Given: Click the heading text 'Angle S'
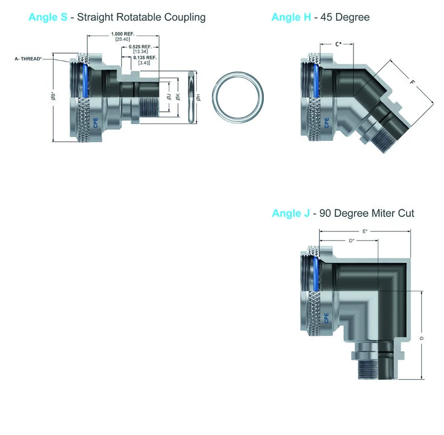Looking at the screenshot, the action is [x=48, y=17].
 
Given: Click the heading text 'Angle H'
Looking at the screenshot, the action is [x=291, y=17].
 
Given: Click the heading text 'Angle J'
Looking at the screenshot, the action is [x=291, y=213].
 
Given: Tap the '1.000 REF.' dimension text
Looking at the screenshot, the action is [x=122, y=34].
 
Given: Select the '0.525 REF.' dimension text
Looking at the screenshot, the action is [x=140, y=47].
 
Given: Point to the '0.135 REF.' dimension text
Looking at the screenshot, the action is [x=145, y=58].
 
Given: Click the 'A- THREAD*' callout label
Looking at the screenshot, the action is [x=29, y=59].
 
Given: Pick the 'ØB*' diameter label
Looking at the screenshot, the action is [x=53, y=96].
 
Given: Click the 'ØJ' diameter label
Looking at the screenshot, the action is [x=169, y=97].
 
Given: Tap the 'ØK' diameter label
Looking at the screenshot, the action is [x=178, y=97].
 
